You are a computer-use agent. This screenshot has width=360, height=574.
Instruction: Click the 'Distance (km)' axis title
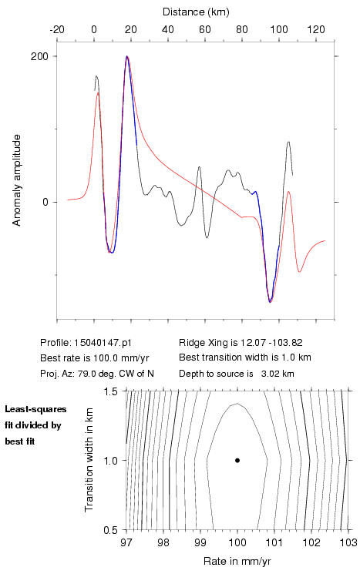[x=196, y=12]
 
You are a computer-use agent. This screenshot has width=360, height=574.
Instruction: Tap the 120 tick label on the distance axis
[x=316, y=29]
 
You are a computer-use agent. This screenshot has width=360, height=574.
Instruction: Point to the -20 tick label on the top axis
[x=57, y=29]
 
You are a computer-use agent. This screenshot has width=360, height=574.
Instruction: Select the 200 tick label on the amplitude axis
[x=39, y=56]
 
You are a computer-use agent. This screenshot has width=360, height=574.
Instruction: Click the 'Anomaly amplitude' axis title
[x=17, y=180]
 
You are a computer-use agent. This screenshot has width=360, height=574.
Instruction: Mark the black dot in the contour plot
[x=237, y=460]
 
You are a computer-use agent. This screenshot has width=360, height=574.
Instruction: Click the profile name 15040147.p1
[x=103, y=343]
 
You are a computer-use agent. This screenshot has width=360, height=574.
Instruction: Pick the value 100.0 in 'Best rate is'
[x=104, y=357]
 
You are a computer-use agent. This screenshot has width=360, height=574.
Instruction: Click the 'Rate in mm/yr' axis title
[x=237, y=561]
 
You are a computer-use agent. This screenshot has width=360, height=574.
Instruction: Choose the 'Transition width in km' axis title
[x=89, y=460]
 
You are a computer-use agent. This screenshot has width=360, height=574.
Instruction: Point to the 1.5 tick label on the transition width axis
[x=110, y=391]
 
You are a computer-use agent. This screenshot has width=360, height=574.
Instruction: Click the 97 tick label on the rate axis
[x=126, y=542]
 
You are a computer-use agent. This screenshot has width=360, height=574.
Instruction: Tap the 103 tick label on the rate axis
[x=348, y=542]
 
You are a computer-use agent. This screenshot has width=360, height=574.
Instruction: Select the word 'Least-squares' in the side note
[x=35, y=409]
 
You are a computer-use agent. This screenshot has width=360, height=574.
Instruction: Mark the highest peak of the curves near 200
[x=127, y=56]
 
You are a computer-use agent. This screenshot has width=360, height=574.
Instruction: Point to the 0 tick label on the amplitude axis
[x=45, y=202]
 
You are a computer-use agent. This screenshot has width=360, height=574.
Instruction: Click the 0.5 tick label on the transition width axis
[x=110, y=530]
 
